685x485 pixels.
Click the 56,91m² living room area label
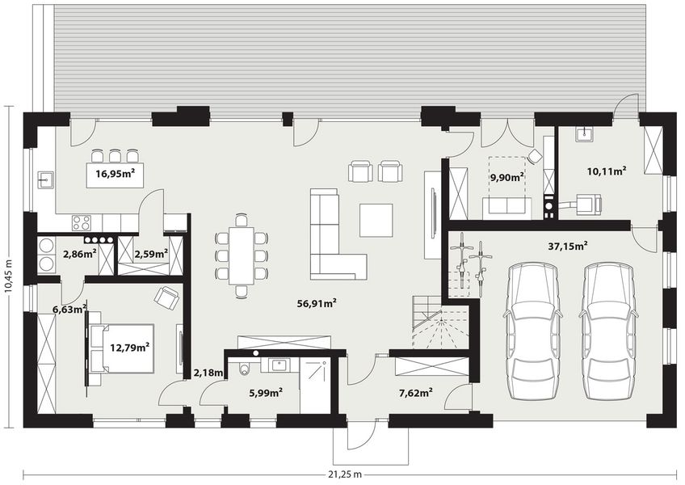pyautogui.click(x=317, y=304)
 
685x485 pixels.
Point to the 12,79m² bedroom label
pyautogui.click(x=129, y=348)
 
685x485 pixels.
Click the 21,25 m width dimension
pyautogui.click(x=342, y=473)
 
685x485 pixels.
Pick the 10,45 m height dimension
pyautogui.click(x=9, y=267)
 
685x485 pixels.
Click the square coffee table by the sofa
pyautogui.click(x=376, y=219)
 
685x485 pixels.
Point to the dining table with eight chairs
pyautogui.click(x=242, y=254)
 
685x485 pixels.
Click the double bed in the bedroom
pyautogui.click(x=121, y=348)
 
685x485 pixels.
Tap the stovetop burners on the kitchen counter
pyautogui.click(x=82, y=221)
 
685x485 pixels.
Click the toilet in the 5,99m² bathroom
pyautogui.click(x=245, y=370)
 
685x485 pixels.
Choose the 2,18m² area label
pyautogui.click(x=208, y=373)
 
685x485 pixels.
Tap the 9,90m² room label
pyautogui.click(x=506, y=175)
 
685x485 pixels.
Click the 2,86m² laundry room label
pyautogui.click(x=79, y=254)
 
